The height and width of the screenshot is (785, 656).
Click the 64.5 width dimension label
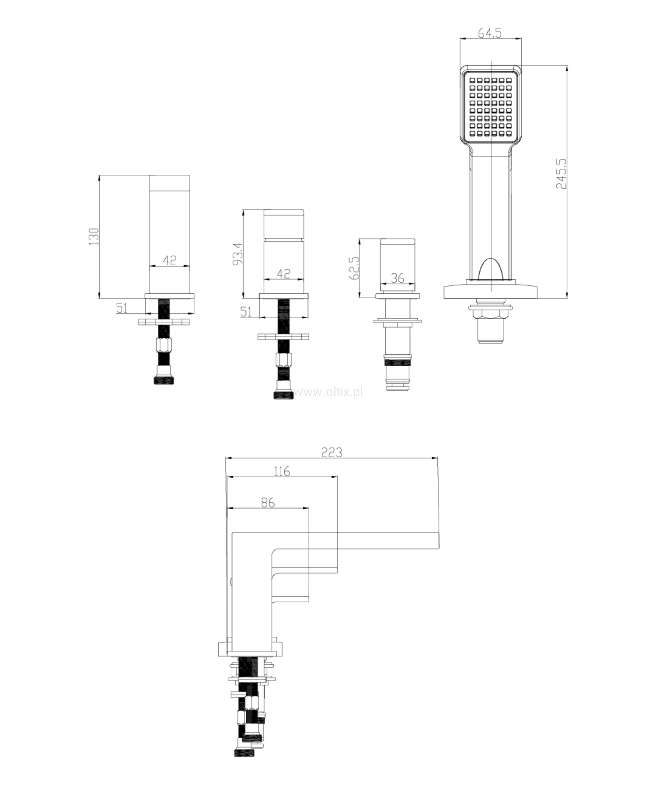coord(489,33)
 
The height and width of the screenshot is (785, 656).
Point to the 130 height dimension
coord(94,236)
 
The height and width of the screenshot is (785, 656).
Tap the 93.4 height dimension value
coord(237,254)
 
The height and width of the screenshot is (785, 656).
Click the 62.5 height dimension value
coord(354,268)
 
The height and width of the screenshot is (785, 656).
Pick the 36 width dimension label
coord(397,278)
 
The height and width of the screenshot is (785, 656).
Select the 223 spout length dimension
coord(332,452)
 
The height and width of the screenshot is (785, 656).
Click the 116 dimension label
coord(282,471)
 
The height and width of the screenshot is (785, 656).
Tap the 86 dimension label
coord(268,503)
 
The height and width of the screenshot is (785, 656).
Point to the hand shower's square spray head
coord(491,105)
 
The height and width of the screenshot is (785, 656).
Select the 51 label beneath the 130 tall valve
coord(122,308)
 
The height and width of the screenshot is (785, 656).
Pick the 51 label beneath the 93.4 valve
coord(246,312)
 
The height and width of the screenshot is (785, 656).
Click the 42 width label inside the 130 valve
coord(170,260)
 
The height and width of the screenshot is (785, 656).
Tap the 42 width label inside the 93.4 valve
coord(284,274)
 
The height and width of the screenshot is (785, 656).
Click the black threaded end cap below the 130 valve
coord(164,380)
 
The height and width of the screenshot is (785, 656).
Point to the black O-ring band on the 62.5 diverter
coord(398,362)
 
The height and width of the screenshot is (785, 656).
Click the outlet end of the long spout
coord(439,540)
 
